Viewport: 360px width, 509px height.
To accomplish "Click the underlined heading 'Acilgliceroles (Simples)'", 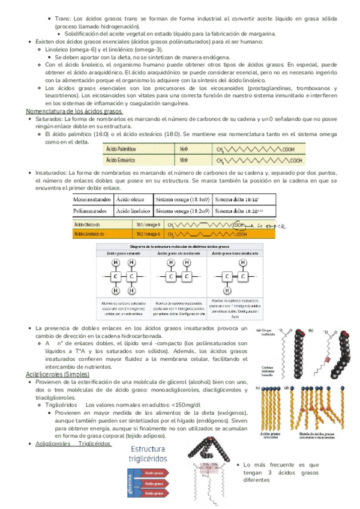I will coord(58,374).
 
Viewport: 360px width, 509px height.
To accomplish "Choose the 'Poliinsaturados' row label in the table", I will coord(91,211).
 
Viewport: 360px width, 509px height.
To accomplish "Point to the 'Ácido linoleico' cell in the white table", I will coord(133,211).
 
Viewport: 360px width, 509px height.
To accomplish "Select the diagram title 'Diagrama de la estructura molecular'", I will coord(178,246).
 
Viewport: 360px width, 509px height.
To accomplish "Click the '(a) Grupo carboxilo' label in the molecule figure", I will coord(266,333).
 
